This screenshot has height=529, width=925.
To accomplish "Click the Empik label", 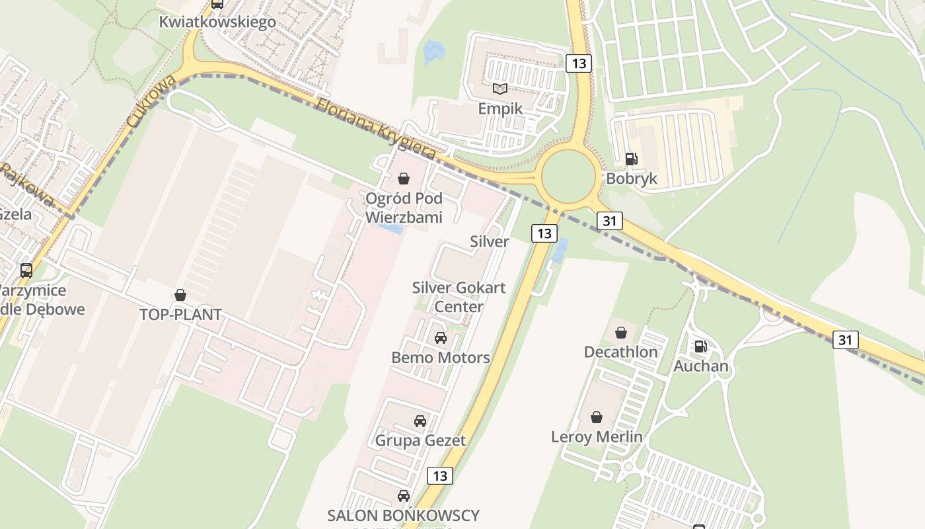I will [500, 108].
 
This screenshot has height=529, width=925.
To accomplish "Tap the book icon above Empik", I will [500, 89].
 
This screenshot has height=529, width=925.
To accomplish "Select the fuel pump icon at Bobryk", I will [631, 159].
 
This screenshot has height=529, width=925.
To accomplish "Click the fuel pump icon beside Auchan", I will [700, 346].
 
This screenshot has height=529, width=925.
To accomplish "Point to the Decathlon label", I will [620, 352].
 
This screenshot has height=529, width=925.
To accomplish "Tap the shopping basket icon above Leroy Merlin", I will [597, 417].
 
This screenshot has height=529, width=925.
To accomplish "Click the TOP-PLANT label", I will [180, 314].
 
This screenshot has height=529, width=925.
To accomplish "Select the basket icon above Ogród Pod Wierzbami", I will [404, 179].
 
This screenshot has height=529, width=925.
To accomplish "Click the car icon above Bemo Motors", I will [441, 338].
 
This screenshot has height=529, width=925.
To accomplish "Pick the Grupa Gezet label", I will [420, 440].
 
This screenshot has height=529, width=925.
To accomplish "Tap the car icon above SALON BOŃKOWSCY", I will [404, 495].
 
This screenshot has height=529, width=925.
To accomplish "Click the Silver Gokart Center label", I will [459, 297].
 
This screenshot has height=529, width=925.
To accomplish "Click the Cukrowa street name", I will [151, 101].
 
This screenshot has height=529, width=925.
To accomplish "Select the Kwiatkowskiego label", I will [217, 22].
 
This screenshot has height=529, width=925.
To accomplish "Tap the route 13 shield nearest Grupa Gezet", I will [440, 475].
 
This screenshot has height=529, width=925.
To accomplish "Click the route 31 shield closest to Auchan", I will [846, 340].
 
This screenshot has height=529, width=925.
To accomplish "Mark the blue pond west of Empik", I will [433, 50].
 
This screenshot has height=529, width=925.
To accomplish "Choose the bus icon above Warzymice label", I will [26, 270].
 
